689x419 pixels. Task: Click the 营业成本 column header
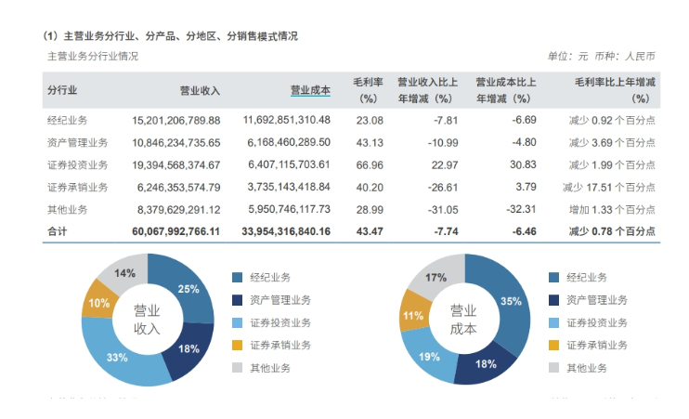(310, 90)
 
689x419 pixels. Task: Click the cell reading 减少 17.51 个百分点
(610, 187)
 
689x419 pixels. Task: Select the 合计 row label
(57, 230)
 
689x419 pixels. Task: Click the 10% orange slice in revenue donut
(98, 303)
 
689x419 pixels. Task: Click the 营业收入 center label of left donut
(147, 320)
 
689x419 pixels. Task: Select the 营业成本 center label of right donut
(463, 320)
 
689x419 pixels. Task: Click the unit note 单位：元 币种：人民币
(601, 56)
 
